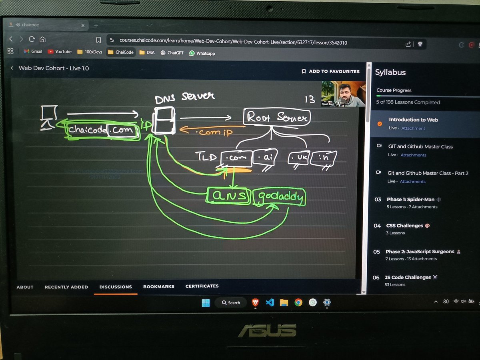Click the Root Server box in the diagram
[277, 117]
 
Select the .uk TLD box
[298, 158]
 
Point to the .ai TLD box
[265, 158]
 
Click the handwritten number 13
[310, 99]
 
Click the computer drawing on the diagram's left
[48, 117]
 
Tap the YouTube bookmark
[60, 52]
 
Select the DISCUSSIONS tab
[116, 287]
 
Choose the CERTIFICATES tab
[202, 286]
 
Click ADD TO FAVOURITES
[331, 71]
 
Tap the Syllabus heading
[390, 72]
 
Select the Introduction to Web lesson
[413, 120]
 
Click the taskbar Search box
[231, 303]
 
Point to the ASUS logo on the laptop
[267, 330]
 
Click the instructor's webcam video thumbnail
[343, 94]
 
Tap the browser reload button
[32, 40]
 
